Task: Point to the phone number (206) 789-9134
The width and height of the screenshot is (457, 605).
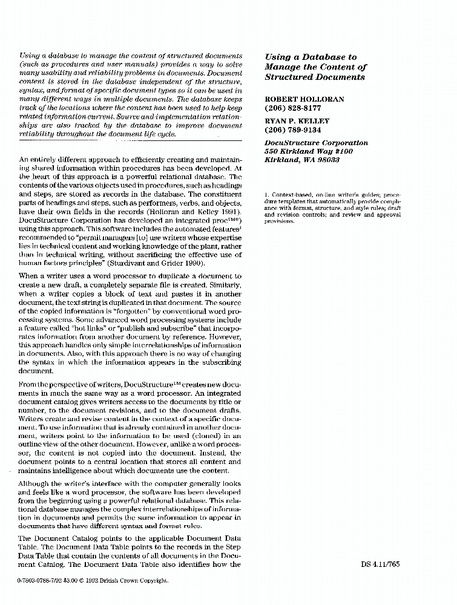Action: (293, 130)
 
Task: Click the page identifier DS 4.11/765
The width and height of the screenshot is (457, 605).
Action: (380, 564)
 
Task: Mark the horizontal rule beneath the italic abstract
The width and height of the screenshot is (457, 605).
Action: (130, 140)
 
